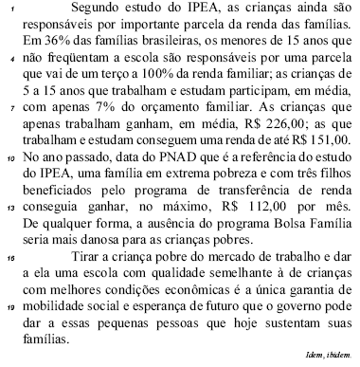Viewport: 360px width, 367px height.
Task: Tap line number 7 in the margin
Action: click(9, 137)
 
